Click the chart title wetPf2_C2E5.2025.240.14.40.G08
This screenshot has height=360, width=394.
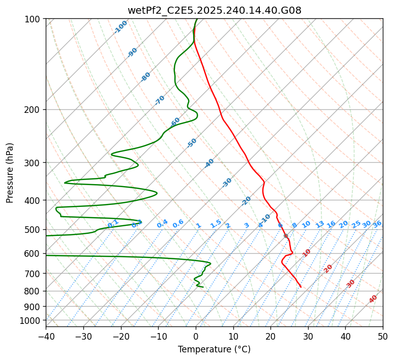coord(214,10)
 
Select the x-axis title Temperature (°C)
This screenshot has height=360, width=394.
coord(214,350)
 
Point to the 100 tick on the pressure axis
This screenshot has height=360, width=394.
coord(34,19)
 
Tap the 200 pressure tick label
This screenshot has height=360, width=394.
coord(34,110)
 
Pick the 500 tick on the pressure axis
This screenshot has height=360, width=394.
coord(34,230)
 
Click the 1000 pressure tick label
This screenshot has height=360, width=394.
coord(32,321)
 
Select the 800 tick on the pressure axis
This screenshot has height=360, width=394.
coord(34,291)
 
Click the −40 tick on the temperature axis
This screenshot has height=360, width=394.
coord(46,336)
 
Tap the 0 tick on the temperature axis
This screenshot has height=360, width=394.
coord(196,336)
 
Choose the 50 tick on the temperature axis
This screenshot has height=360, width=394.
coord(383,336)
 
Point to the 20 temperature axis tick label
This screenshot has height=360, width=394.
coord(270,336)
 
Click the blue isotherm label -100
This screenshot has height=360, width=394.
coord(121,26)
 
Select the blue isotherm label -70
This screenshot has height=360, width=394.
coord(160,100)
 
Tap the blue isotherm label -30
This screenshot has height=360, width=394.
coord(227,182)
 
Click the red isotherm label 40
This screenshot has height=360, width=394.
coord(373,299)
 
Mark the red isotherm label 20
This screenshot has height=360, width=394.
coord(328,268)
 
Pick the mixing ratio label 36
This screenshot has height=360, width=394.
coord(377,224)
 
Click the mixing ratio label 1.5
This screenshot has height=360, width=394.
coord(216,224)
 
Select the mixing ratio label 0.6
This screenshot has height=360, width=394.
coord(178,224)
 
